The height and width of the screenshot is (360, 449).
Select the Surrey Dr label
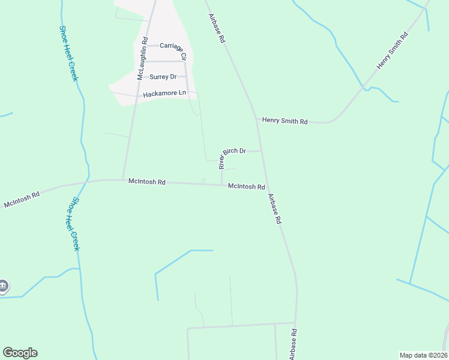163,77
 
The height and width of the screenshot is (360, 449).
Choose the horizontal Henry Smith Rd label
285,121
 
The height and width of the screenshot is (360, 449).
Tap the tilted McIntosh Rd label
22,199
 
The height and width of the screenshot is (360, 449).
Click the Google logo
20,353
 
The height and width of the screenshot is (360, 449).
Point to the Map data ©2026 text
423,355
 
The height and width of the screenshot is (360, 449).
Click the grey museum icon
3,286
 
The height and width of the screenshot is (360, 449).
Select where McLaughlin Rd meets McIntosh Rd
123,179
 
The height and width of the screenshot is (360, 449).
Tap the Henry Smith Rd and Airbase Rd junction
256,118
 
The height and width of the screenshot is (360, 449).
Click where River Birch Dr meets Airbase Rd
261,151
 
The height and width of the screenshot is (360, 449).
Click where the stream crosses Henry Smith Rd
364,89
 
